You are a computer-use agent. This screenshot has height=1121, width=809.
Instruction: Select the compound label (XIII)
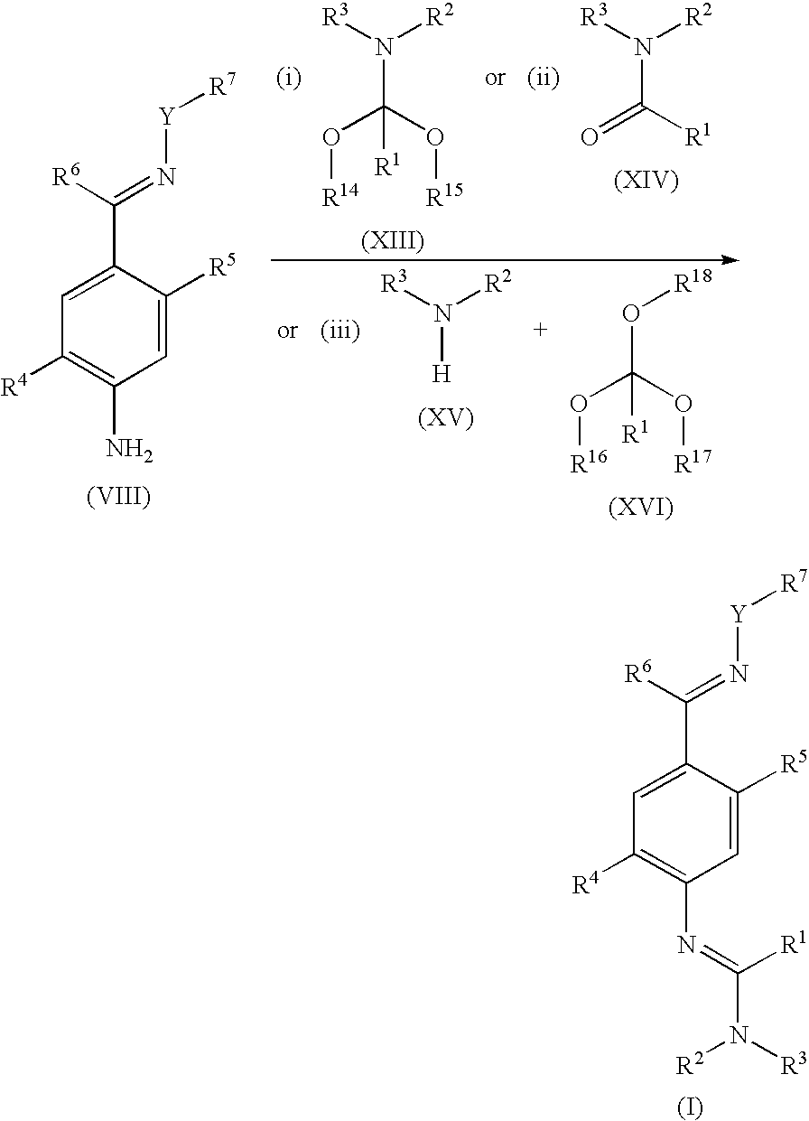(393, 242)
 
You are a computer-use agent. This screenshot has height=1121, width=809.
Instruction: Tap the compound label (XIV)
(646, 181)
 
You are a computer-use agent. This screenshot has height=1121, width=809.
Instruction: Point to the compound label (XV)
(446, 419)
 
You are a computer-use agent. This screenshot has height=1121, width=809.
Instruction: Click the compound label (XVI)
(641, 508)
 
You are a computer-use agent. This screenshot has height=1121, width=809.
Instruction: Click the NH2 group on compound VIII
(129, 449)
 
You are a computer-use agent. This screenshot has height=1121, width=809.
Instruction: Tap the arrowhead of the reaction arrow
(731, 260)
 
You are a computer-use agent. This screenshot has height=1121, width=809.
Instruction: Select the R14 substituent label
(340, 195)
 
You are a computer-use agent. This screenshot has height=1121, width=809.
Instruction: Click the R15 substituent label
(444, 195)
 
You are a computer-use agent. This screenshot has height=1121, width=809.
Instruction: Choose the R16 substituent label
(589, 462)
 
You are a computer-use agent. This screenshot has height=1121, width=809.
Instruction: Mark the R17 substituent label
(693, 462)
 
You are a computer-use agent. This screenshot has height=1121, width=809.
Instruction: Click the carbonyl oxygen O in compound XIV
(590, 136)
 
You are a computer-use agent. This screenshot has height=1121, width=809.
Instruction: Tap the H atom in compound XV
(442, 373)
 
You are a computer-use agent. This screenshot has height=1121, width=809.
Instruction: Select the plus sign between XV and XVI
(540, 330)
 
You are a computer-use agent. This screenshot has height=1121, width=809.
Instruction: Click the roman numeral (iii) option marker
(340, 331)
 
